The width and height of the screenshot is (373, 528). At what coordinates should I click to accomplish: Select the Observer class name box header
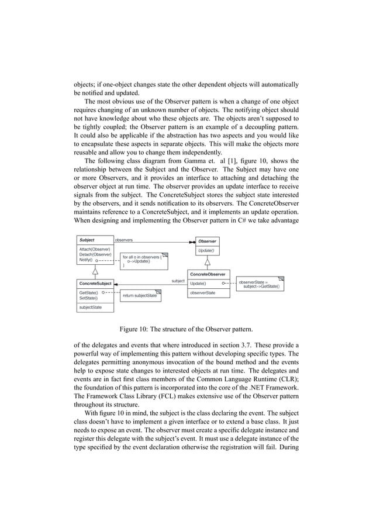(x=207, y=241)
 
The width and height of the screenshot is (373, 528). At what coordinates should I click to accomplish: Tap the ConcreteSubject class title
(x=96, y=284)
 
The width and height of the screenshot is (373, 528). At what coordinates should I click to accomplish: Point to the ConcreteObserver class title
(x=209, y=274)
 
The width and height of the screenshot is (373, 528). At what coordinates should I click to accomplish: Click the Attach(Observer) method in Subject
(x=95, y=250)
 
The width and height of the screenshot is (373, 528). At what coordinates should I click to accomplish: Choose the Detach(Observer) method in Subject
(x=95, y=255)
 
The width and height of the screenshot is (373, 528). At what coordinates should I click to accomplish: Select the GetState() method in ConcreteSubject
(x=88, y=292)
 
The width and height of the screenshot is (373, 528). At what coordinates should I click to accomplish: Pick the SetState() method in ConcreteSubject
(x=88, y=298)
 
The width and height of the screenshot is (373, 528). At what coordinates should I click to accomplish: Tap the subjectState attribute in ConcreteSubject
(x=91, y=307)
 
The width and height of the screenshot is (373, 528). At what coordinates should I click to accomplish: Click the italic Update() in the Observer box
(x=206, y=251)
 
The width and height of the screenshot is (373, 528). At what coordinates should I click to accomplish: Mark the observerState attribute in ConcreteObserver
(x=203, y=292)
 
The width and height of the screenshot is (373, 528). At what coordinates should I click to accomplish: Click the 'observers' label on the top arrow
(x=123, y=240)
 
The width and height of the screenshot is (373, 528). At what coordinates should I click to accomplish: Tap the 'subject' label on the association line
(x=178, y=281)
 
